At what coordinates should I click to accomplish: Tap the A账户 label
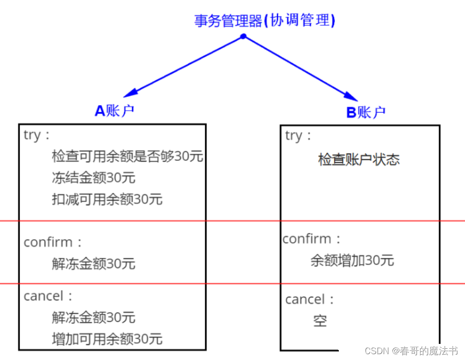pyautogui.click(x=114, y=111)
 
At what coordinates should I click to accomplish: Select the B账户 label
pyautogui.click(x=366, y=113)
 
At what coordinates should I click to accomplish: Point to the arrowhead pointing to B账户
pyautogui.click(x=352, y=95)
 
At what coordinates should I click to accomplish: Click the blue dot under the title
pyautogui.click(x=243, y=36)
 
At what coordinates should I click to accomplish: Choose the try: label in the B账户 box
pyautogui.click(x=298, y=136)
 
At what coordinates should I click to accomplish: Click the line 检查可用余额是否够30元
pyautogui.click(x=127, y=156)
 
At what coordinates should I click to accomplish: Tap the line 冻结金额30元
pyautogui.click(x=93, y=178)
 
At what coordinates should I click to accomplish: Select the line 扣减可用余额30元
pyautogui.click(x=107, y=199)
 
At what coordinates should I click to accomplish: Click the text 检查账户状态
pyautogui.click(x=359, y=160)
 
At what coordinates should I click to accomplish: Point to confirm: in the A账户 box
pyautogui.click(x=53, y=242)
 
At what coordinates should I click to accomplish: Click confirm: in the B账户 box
pyautogui.click(x=312, y=239)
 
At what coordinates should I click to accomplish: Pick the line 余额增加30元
pyautogui.click(x=352, y=261)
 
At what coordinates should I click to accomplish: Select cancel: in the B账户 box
pyautogui.click(x=310, y=299)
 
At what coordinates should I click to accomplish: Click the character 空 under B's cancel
pyautogui.click(x=320, y=321)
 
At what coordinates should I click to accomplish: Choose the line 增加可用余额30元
pyautogui.click(x=107, y=339)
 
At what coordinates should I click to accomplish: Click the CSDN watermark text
pyautogui.click(x=411, y=351)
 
